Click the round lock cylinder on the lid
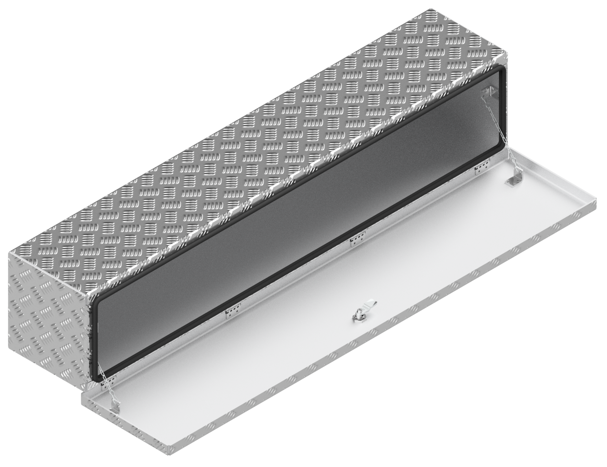357,317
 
